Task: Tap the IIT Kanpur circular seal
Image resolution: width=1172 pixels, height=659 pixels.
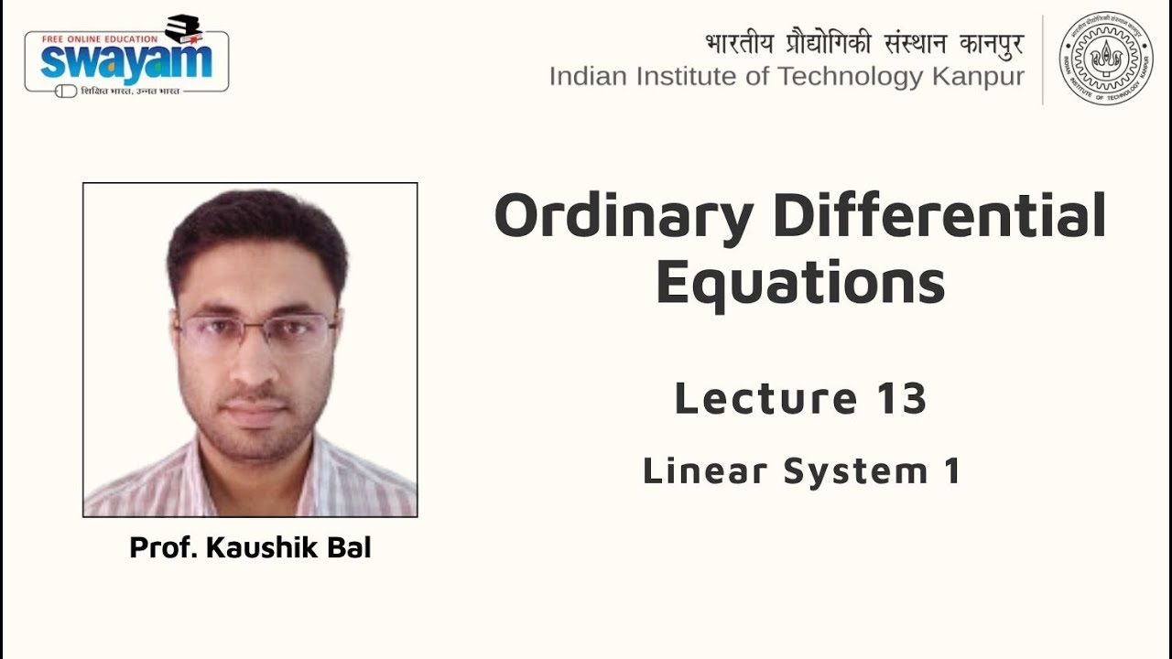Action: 1105,58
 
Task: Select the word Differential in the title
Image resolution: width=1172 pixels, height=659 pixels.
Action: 939,216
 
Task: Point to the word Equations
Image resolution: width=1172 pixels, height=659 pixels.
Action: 800,283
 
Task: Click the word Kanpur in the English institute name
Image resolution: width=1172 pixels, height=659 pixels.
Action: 978,77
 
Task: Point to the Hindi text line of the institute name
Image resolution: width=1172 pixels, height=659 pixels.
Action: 863,44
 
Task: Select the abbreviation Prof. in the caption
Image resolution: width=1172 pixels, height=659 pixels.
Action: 163,548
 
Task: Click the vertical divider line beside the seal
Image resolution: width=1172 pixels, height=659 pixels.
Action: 1043,59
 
